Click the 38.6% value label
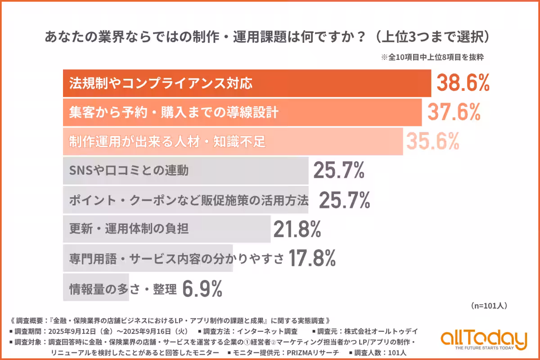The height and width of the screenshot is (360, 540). click(x=463, y=84)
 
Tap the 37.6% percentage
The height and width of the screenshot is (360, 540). click(x=454, y=112)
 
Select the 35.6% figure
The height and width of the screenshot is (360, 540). click(x=432, y=141)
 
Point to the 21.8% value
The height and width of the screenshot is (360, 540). click(x=297, y=229)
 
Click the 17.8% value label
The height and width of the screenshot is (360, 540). click(x=312, y=258)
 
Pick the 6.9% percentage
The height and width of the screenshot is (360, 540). click(x=202, y=288)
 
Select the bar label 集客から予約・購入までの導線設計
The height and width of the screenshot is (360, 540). click(x=173, y=112)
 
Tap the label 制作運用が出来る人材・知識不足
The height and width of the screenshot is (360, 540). click(x=167, y=142)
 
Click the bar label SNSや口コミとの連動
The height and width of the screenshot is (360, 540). click(x=129, y=171)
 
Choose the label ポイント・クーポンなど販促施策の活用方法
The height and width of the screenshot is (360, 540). click(x=189, y=200)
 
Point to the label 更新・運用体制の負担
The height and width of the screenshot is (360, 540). click(x=129, y=229)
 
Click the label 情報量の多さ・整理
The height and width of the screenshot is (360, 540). click(x=122, y=288)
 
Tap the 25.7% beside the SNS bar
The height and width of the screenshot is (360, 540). click(x=338, y=171)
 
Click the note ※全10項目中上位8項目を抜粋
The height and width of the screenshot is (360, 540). click(x=432, y=58)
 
